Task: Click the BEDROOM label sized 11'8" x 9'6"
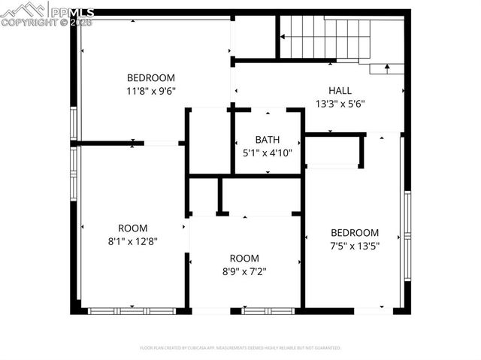tap(150, 77)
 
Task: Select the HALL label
tap(340, 90)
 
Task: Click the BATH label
tap(267, 139)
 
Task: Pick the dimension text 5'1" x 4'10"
tap(267, 153)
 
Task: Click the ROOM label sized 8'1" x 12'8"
tap(132, 228)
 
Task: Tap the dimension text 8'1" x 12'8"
tap(132, 241)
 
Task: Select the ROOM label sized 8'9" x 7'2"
tap(244, 258)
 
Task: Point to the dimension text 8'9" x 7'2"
tap(244, 271)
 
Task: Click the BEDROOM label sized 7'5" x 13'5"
tap(354, 233)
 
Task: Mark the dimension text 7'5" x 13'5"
tap(354, 247)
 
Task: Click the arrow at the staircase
tap(387, 68)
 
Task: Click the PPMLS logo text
tap(71, 11)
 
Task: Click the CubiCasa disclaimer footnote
tap(240, 348)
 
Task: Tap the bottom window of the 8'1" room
tap(132, 310)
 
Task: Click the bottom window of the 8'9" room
tap(268, 310)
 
